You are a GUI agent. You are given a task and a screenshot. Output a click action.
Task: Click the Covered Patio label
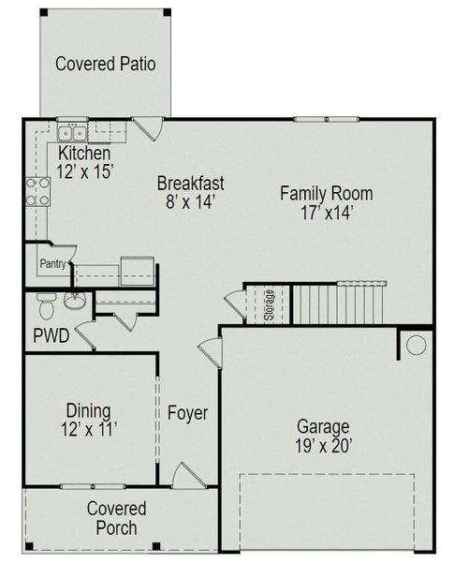[105, 64]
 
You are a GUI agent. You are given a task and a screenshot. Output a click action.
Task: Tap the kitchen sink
[71, 133]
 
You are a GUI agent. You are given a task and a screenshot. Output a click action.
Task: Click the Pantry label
[52, 264]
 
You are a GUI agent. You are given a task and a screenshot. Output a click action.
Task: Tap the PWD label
[51, 335]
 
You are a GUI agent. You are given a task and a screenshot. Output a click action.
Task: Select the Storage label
[269, 305]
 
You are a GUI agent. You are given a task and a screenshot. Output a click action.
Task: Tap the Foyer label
[187, 413]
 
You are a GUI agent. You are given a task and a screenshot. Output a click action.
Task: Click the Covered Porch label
[116, 518]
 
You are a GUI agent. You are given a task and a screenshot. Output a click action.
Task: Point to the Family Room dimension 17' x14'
[326, 214]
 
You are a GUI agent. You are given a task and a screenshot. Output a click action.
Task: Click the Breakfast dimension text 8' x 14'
[190, 202]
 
